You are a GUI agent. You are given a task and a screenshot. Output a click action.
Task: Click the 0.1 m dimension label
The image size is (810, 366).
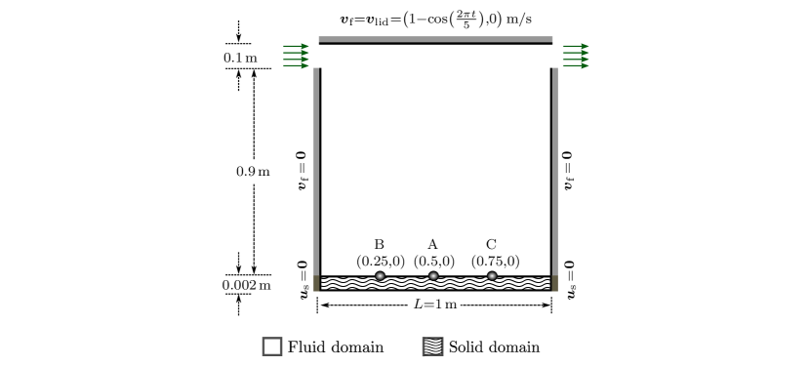click(239, 57)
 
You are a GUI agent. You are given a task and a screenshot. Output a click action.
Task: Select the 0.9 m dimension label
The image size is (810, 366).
click(254, 172)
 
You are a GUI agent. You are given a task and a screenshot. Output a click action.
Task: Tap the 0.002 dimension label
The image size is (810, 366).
click(238, 284)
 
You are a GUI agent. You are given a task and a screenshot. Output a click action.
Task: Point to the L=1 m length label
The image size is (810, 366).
click(434, 305)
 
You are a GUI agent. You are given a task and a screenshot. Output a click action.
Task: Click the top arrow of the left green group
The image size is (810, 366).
click(297, 46)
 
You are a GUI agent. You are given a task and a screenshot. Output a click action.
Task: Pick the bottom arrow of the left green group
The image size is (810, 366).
click(297, 65)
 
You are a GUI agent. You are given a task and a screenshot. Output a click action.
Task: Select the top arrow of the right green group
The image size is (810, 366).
click(576, 46)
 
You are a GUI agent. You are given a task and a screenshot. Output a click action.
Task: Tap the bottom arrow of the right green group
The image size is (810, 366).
click(576, 65)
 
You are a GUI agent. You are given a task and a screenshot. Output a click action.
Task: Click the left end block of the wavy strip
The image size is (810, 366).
click(316, 283)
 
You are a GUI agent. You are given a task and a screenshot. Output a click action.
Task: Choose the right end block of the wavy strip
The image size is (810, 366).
click(555, 283)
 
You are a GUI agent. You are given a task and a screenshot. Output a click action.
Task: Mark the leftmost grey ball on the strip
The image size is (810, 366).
click(380, 276)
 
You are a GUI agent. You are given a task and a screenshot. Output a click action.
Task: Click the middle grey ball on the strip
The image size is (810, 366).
click(433, 276)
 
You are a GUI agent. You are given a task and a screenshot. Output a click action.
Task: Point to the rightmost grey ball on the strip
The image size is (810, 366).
click(492, 276)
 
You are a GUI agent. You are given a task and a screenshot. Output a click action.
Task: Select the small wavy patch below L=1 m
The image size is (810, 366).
click(433, 346)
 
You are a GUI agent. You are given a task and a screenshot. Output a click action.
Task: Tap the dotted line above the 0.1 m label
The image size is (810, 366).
click(238, 44)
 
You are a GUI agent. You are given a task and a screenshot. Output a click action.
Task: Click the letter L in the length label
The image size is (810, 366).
click(418, 305)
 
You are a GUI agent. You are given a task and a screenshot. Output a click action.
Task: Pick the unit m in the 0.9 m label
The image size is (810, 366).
click(263, 172)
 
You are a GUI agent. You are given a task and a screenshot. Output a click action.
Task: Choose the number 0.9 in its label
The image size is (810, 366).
click(246, 172)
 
